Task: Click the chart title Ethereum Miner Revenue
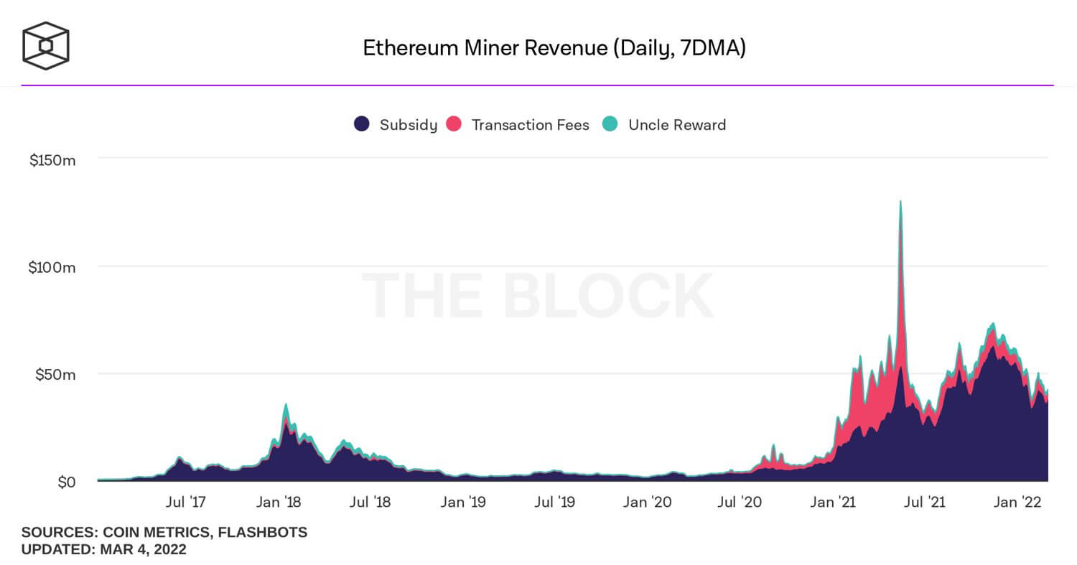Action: click(554, 48)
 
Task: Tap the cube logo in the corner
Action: click(46, 46)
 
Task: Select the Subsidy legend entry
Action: click(396, 125)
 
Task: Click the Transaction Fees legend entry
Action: click(518, 125)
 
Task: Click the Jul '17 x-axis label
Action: click(186, 502)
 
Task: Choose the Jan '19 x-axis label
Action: click(462, 502)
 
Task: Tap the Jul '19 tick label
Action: click(555, 502)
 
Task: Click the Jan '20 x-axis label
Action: click(648, 502)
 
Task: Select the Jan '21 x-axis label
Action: click(833, 502)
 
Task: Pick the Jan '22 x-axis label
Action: click(1017, 502)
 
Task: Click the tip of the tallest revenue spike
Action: click(900, 202)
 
